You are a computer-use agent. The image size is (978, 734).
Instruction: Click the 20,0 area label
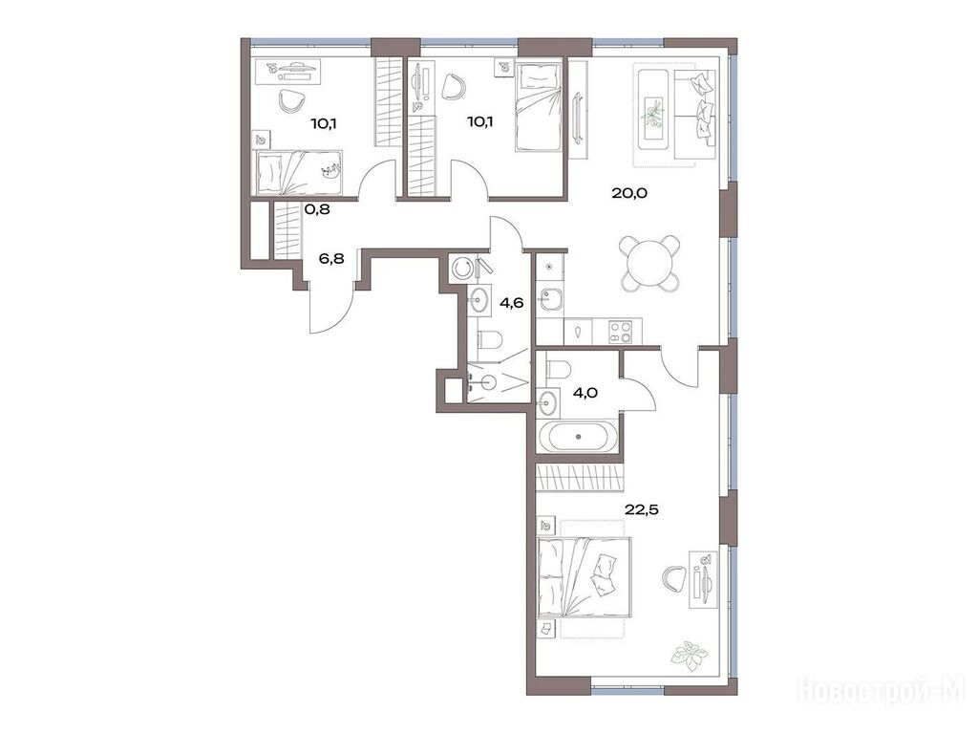[x=629, y=193]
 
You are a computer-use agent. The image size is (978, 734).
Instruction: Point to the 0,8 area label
[x=317, y=209]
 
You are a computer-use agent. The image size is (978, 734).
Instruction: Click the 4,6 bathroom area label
[x=511, y=303]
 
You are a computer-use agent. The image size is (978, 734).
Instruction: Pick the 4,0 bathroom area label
[x=585, y=393]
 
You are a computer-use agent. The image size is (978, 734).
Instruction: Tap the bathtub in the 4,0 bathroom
[x=580, y=437]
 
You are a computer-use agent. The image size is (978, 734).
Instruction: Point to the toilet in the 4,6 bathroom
[x=490, y=341]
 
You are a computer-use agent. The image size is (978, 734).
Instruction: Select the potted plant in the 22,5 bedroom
[x=690, y=656]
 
